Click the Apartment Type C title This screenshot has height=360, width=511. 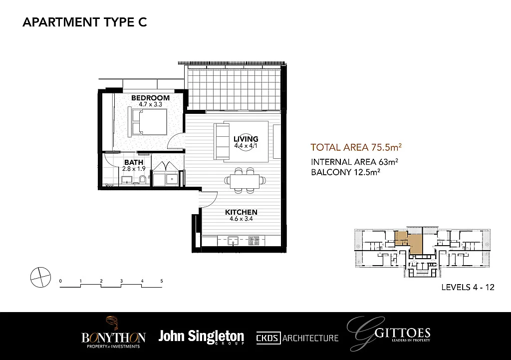coord(85,23)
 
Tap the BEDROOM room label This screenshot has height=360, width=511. coord(150,98)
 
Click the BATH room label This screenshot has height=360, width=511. coord(133,162)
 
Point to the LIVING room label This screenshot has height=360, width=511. coord(246,139)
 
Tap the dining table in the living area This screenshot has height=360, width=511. coord(245,180)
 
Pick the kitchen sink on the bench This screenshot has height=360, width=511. coord(233,241)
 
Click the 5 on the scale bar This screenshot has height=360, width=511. coord(162,281)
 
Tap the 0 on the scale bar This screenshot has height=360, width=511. coord(60,281)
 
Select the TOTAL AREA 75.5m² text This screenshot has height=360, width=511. coord(356,147)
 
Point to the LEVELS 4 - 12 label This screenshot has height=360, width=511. coord(468,288)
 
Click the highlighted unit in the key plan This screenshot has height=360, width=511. coord(412,243)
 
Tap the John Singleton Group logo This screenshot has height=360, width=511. coord(201,337)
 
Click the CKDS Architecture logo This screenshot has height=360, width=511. coord(297,338)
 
